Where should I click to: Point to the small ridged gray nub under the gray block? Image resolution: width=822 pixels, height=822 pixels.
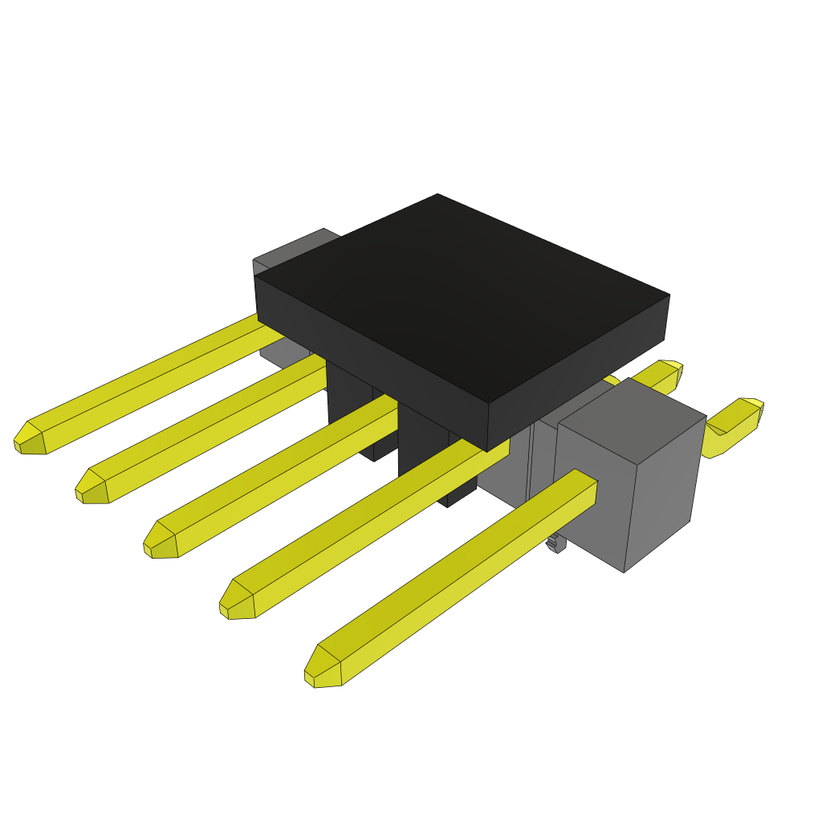554,543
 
